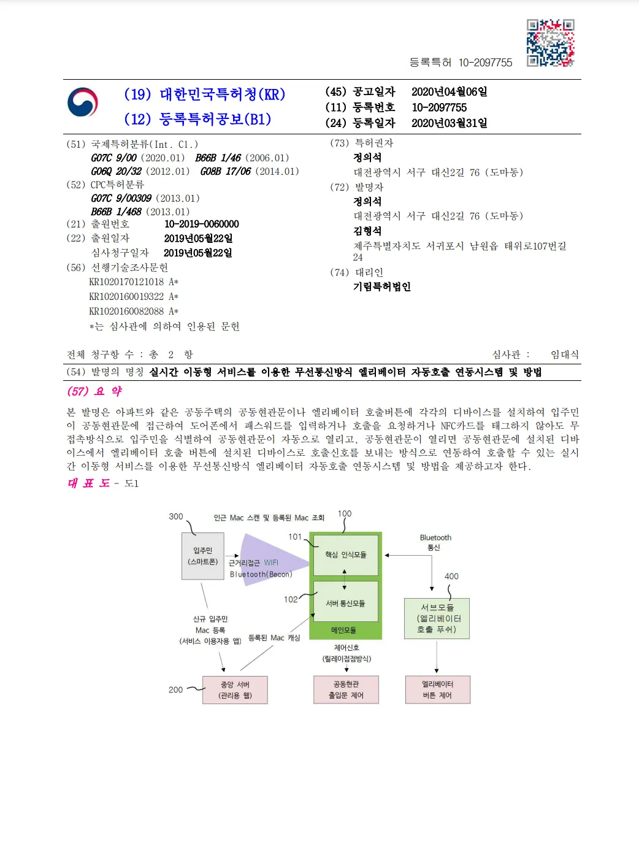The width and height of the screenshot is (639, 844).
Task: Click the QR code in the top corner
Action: point(550,43)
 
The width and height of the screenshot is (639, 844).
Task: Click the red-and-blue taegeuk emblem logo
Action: point(83,102)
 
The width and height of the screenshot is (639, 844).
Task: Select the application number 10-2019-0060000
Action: point(201,224)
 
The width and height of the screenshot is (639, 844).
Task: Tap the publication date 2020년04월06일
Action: point(449,92)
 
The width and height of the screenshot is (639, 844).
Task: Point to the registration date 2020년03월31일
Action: point(449,123)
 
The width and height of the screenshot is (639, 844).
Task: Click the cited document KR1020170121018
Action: point(127,282)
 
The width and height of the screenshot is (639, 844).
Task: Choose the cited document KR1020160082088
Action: point(127,312)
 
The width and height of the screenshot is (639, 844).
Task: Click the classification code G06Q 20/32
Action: point(117,172)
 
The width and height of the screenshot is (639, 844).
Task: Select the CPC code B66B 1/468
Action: point(117,212)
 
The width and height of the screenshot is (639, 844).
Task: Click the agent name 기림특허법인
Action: point(381,286)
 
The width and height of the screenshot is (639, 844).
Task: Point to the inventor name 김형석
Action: point(367,231)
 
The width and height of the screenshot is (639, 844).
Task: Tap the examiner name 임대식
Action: point(564,355)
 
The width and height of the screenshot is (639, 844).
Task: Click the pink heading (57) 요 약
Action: point(94,391)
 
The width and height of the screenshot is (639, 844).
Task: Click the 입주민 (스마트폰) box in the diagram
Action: point(203,556)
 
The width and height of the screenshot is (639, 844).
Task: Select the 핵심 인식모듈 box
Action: point(345,555)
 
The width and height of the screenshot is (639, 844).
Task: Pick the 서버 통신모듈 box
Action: point(345,604)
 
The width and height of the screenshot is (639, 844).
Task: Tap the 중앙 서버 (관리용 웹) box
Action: point(235,690)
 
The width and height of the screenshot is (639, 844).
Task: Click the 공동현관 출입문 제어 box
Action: point(346,690)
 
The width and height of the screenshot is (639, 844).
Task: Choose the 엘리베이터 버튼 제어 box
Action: point(437,690)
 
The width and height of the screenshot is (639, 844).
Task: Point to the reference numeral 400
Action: point(451,577)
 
